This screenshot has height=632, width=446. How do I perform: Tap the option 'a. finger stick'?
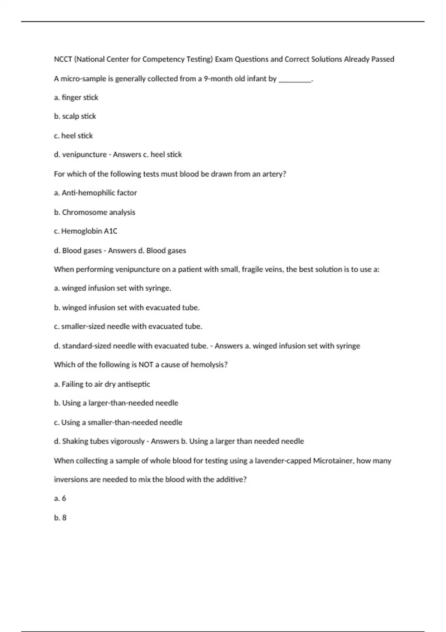click(x=76, y=97)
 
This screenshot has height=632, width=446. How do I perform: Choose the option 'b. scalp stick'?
click(x=75, y=116)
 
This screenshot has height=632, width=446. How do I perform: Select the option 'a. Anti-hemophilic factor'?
click(x=95, y=193)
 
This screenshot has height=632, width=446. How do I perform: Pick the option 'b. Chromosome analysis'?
click(x=94, y=212)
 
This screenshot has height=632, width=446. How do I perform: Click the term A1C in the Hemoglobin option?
click(x=110, y=231)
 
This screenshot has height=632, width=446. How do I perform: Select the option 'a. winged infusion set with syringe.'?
click(x=112, y=288)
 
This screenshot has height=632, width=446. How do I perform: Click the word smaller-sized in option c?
click(x=83, y=326)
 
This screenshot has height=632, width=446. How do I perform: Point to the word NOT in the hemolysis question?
click(x=146, y=365)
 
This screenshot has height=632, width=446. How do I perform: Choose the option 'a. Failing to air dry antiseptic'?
click(x=102, y=384)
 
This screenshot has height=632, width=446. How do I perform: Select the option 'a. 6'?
click(x=60, y=499)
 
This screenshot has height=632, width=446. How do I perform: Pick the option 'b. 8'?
click(x=60, y=518)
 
